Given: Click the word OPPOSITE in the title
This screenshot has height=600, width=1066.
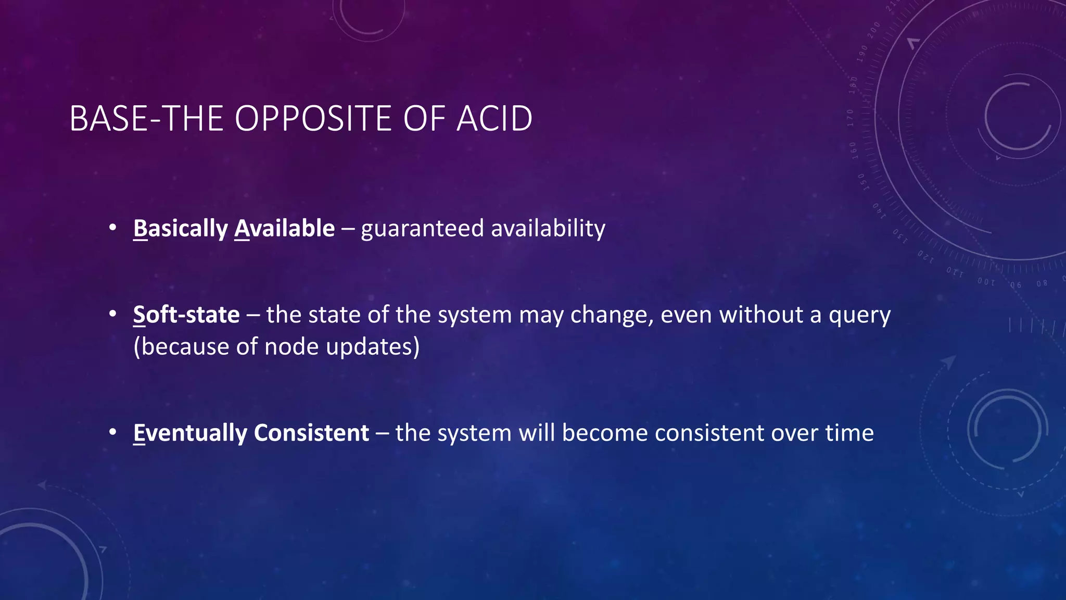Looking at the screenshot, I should point(312,119).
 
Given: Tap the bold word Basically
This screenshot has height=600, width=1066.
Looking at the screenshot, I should point(180,229).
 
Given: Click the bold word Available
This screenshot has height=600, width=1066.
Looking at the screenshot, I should point(284,229).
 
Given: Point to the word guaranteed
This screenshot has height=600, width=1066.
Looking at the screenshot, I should point(422,229).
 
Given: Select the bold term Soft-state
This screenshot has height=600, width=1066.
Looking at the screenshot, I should point(186,315).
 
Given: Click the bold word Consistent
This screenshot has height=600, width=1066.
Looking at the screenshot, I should point(311,433).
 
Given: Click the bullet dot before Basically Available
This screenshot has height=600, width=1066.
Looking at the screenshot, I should point(112,228).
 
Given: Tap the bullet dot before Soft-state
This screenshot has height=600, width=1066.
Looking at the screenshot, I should point(112,315).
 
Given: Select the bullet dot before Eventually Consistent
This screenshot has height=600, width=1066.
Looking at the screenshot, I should point(112,433).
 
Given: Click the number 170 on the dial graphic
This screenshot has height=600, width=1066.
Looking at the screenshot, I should point(851,118).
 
